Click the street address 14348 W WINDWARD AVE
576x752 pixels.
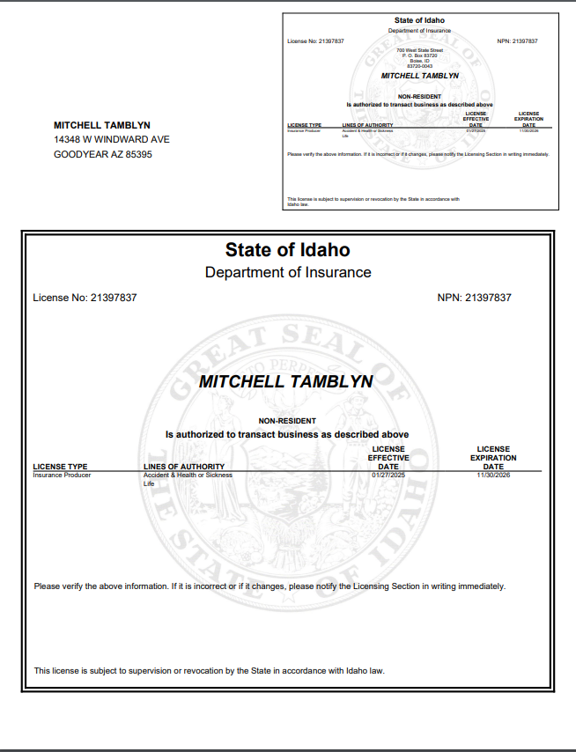click(x=112, y=139)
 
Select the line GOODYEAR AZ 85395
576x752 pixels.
click(x=103, y=154)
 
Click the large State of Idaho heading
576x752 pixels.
click(x=287, y=250)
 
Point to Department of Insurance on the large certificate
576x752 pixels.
click(x=288, y=272)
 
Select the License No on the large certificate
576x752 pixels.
click(x=85, y=298)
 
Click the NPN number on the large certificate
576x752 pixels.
click(x=474, y=298)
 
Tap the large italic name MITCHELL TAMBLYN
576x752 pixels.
click(x=286, y=382)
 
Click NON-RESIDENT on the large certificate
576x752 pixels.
click(x=286, y=421)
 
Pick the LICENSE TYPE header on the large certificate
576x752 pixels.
click(x=60, y=467)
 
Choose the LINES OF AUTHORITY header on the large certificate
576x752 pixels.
click(x=184, y=467)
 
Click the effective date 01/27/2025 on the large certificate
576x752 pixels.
click(x=388, y=476)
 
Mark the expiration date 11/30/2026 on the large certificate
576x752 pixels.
click(x=493, y=476)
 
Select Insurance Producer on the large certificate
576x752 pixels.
click(x=62, y=476)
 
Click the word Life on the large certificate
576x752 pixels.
click(x=149, y=484)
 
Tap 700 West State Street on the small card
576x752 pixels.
click(x=419, y=50)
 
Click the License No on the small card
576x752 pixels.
click(x=315, y=41)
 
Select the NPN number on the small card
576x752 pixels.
click(x=517, y=41)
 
